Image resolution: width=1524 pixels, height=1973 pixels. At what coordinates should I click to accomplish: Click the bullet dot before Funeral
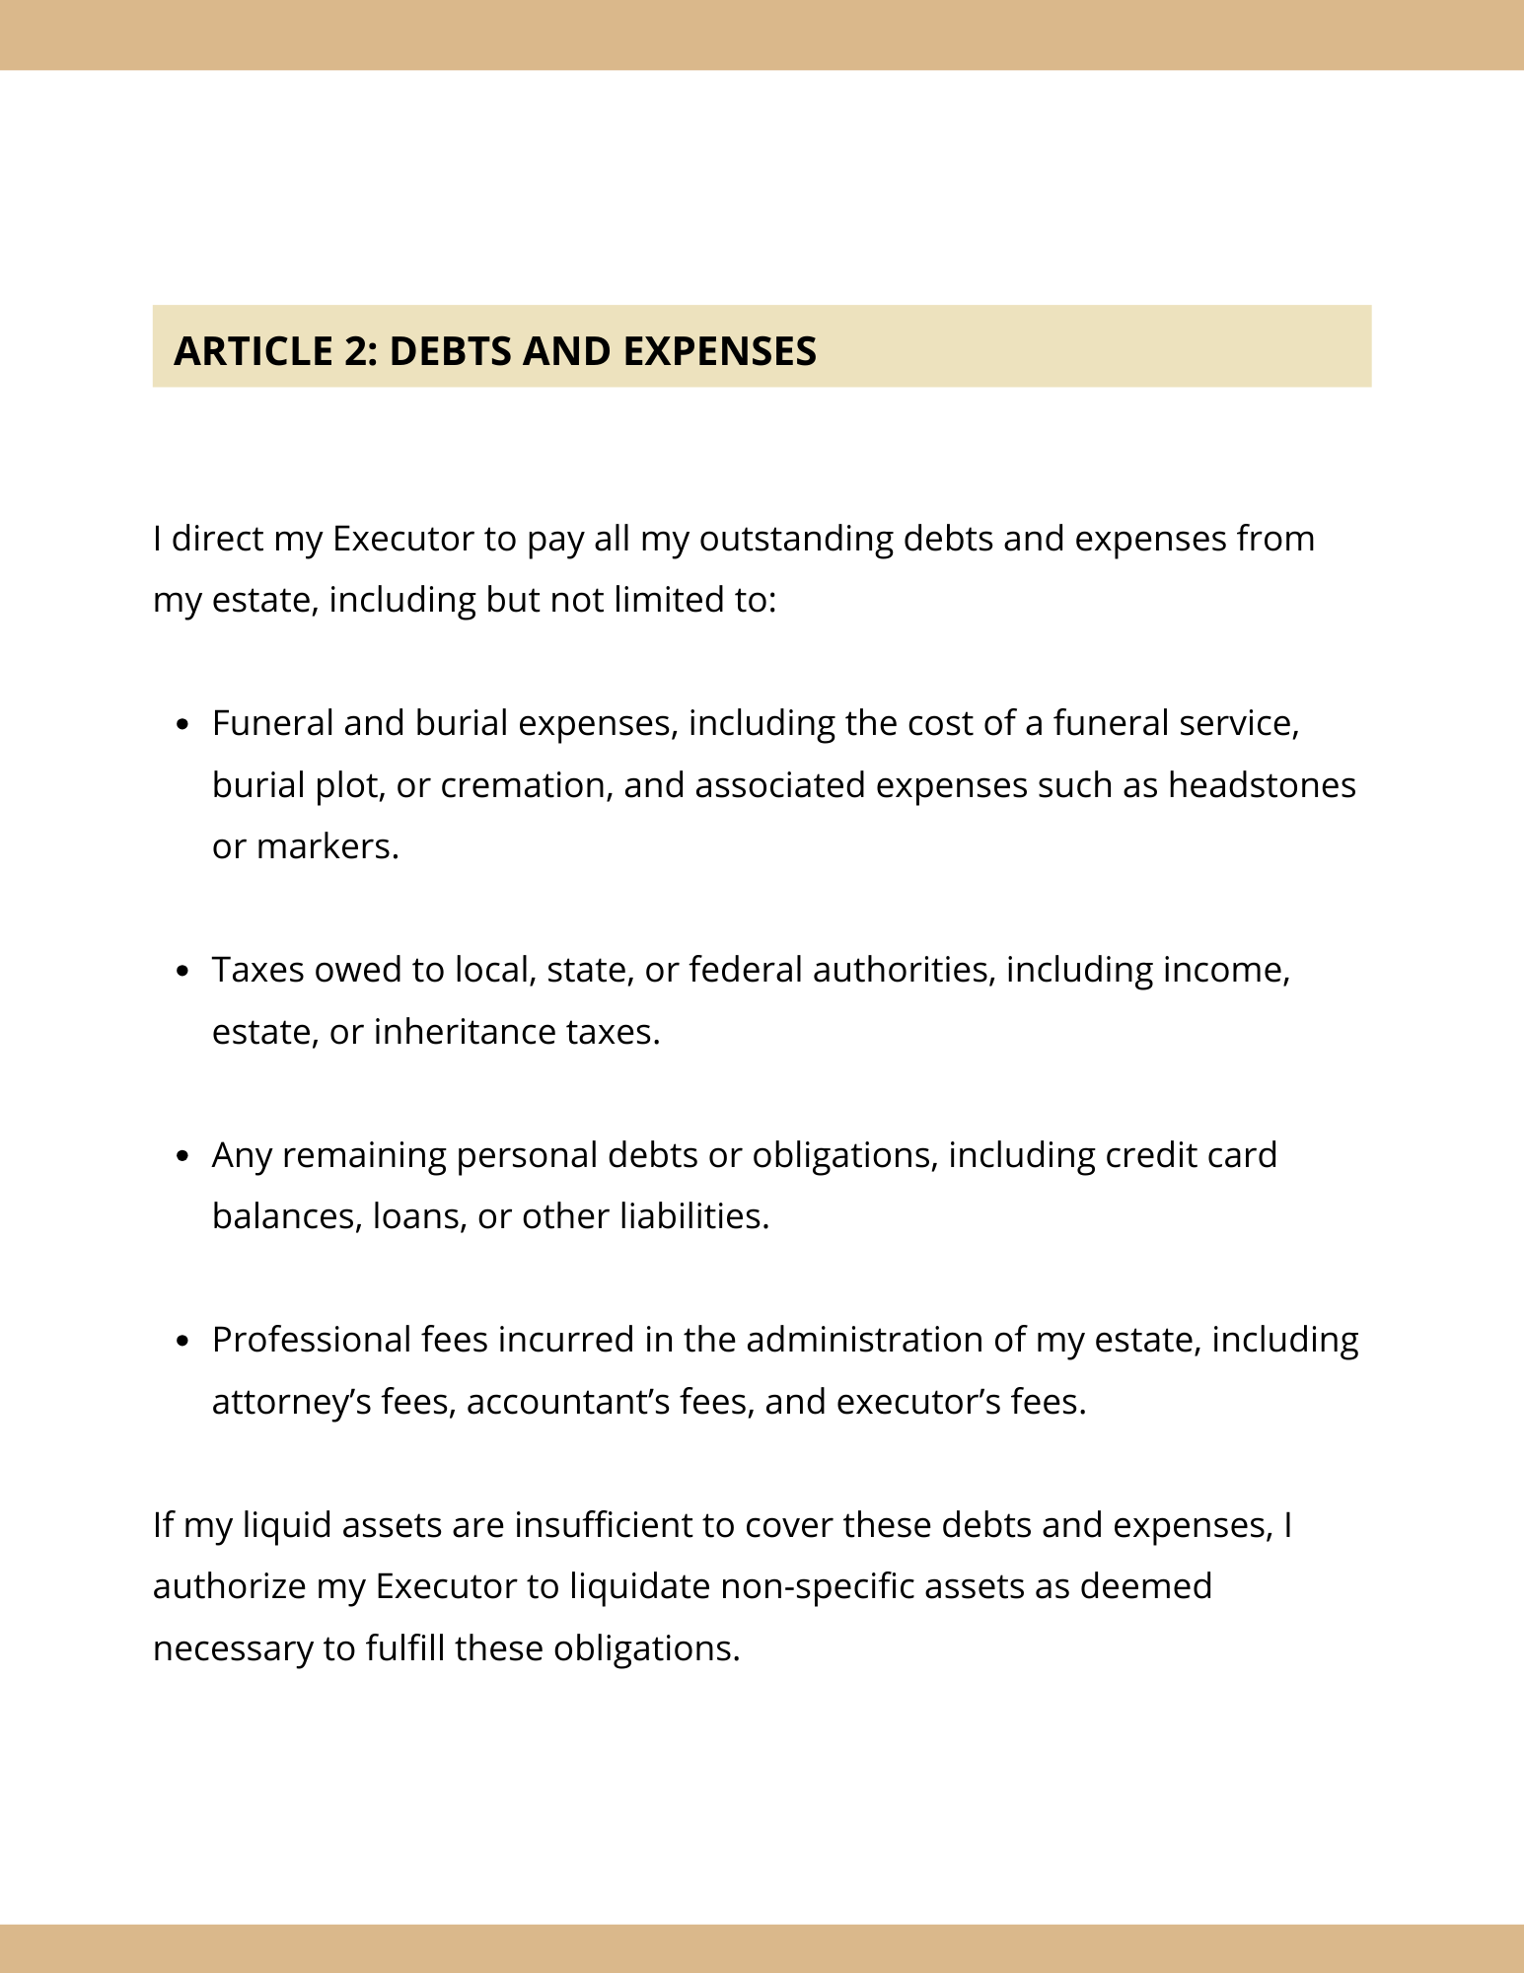181,725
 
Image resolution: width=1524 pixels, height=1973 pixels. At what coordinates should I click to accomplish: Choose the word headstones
1262,785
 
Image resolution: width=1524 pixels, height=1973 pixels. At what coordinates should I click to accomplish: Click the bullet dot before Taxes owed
181,972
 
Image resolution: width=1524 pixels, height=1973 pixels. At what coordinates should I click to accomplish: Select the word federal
745,970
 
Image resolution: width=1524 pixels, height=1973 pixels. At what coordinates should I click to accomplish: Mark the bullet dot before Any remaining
181,1156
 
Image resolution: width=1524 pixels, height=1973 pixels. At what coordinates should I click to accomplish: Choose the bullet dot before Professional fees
181,1342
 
